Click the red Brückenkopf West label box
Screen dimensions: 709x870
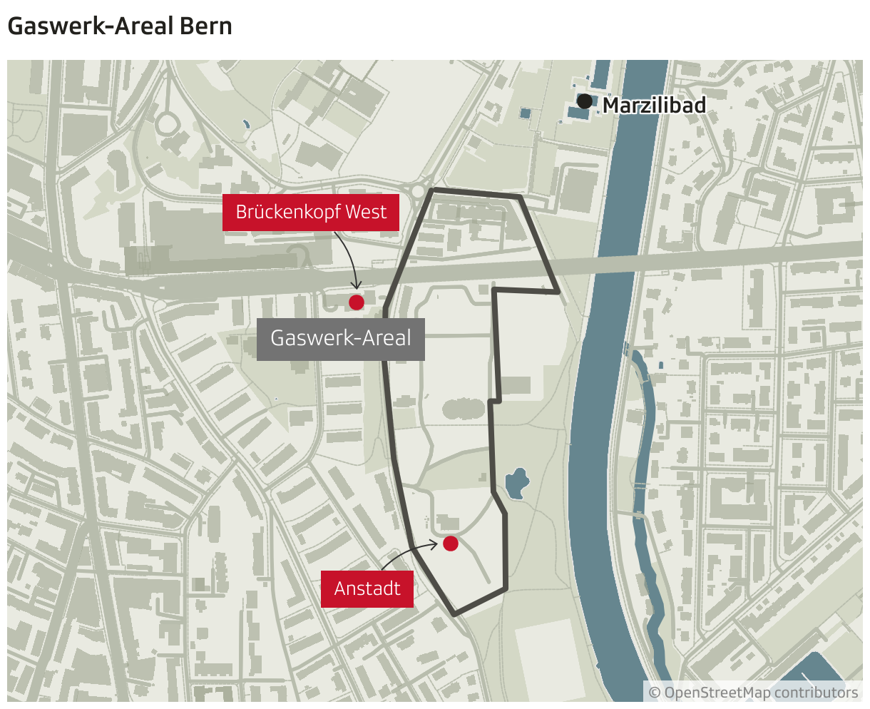coord(310,213)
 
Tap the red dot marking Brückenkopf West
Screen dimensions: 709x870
coord(357,302)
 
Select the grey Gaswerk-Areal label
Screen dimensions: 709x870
coord(341,338)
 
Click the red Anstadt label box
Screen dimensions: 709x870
coord(367,589)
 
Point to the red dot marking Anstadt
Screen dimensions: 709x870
coord(450,544)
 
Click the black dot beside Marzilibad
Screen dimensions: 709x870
coord(585,101)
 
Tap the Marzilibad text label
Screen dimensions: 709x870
coord(654,106)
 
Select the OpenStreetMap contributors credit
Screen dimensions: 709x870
coord(753,693)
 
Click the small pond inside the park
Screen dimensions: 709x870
coord(517,483)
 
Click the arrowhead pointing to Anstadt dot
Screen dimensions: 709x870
coord(436,544)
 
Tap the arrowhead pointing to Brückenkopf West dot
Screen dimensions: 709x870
coord(356,287)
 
